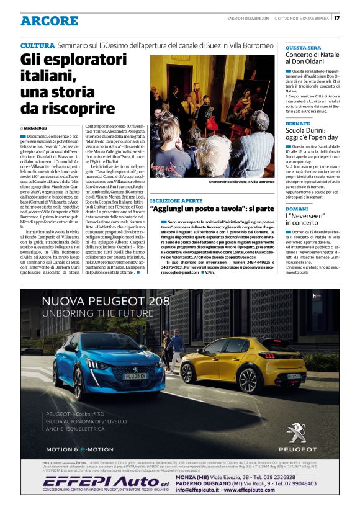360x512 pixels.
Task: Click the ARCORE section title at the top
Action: pos(49,21)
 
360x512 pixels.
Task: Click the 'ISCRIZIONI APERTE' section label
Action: pos(176,202)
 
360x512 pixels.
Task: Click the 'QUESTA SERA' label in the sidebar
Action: pos(303,48)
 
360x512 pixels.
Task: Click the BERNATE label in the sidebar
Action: pos(298,125)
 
